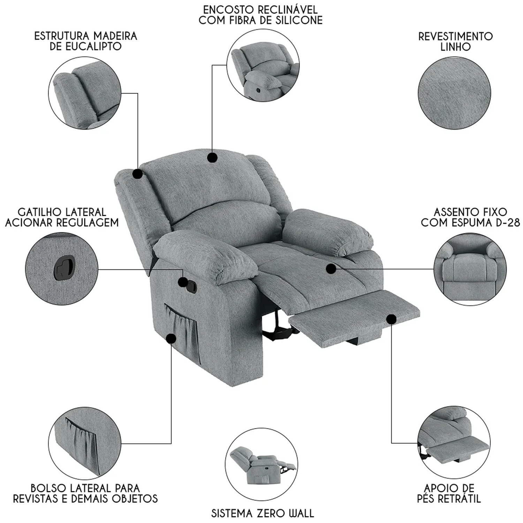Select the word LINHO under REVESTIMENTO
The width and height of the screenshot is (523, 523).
point(455,47)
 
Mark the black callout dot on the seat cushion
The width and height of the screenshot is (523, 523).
point(331,269)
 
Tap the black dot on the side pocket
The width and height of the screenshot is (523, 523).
point(171,338)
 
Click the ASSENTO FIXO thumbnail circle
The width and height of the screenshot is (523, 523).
point(470,269)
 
